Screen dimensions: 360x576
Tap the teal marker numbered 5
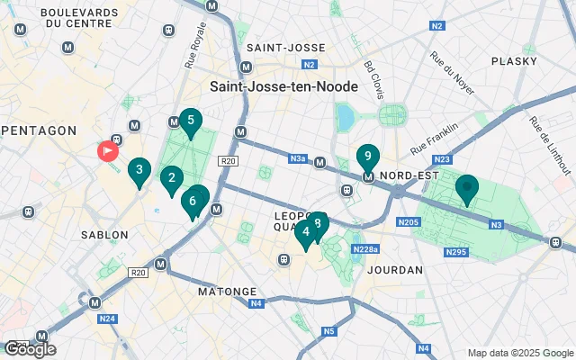[190, 121]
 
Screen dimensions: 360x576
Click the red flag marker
[109, 150]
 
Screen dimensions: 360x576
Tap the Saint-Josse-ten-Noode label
[283, 86]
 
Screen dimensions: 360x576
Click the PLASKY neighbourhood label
[514, 61]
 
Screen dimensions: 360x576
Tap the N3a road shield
[299, 159]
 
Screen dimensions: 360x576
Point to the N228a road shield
[364, 248]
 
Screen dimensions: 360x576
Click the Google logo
[29, 349]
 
